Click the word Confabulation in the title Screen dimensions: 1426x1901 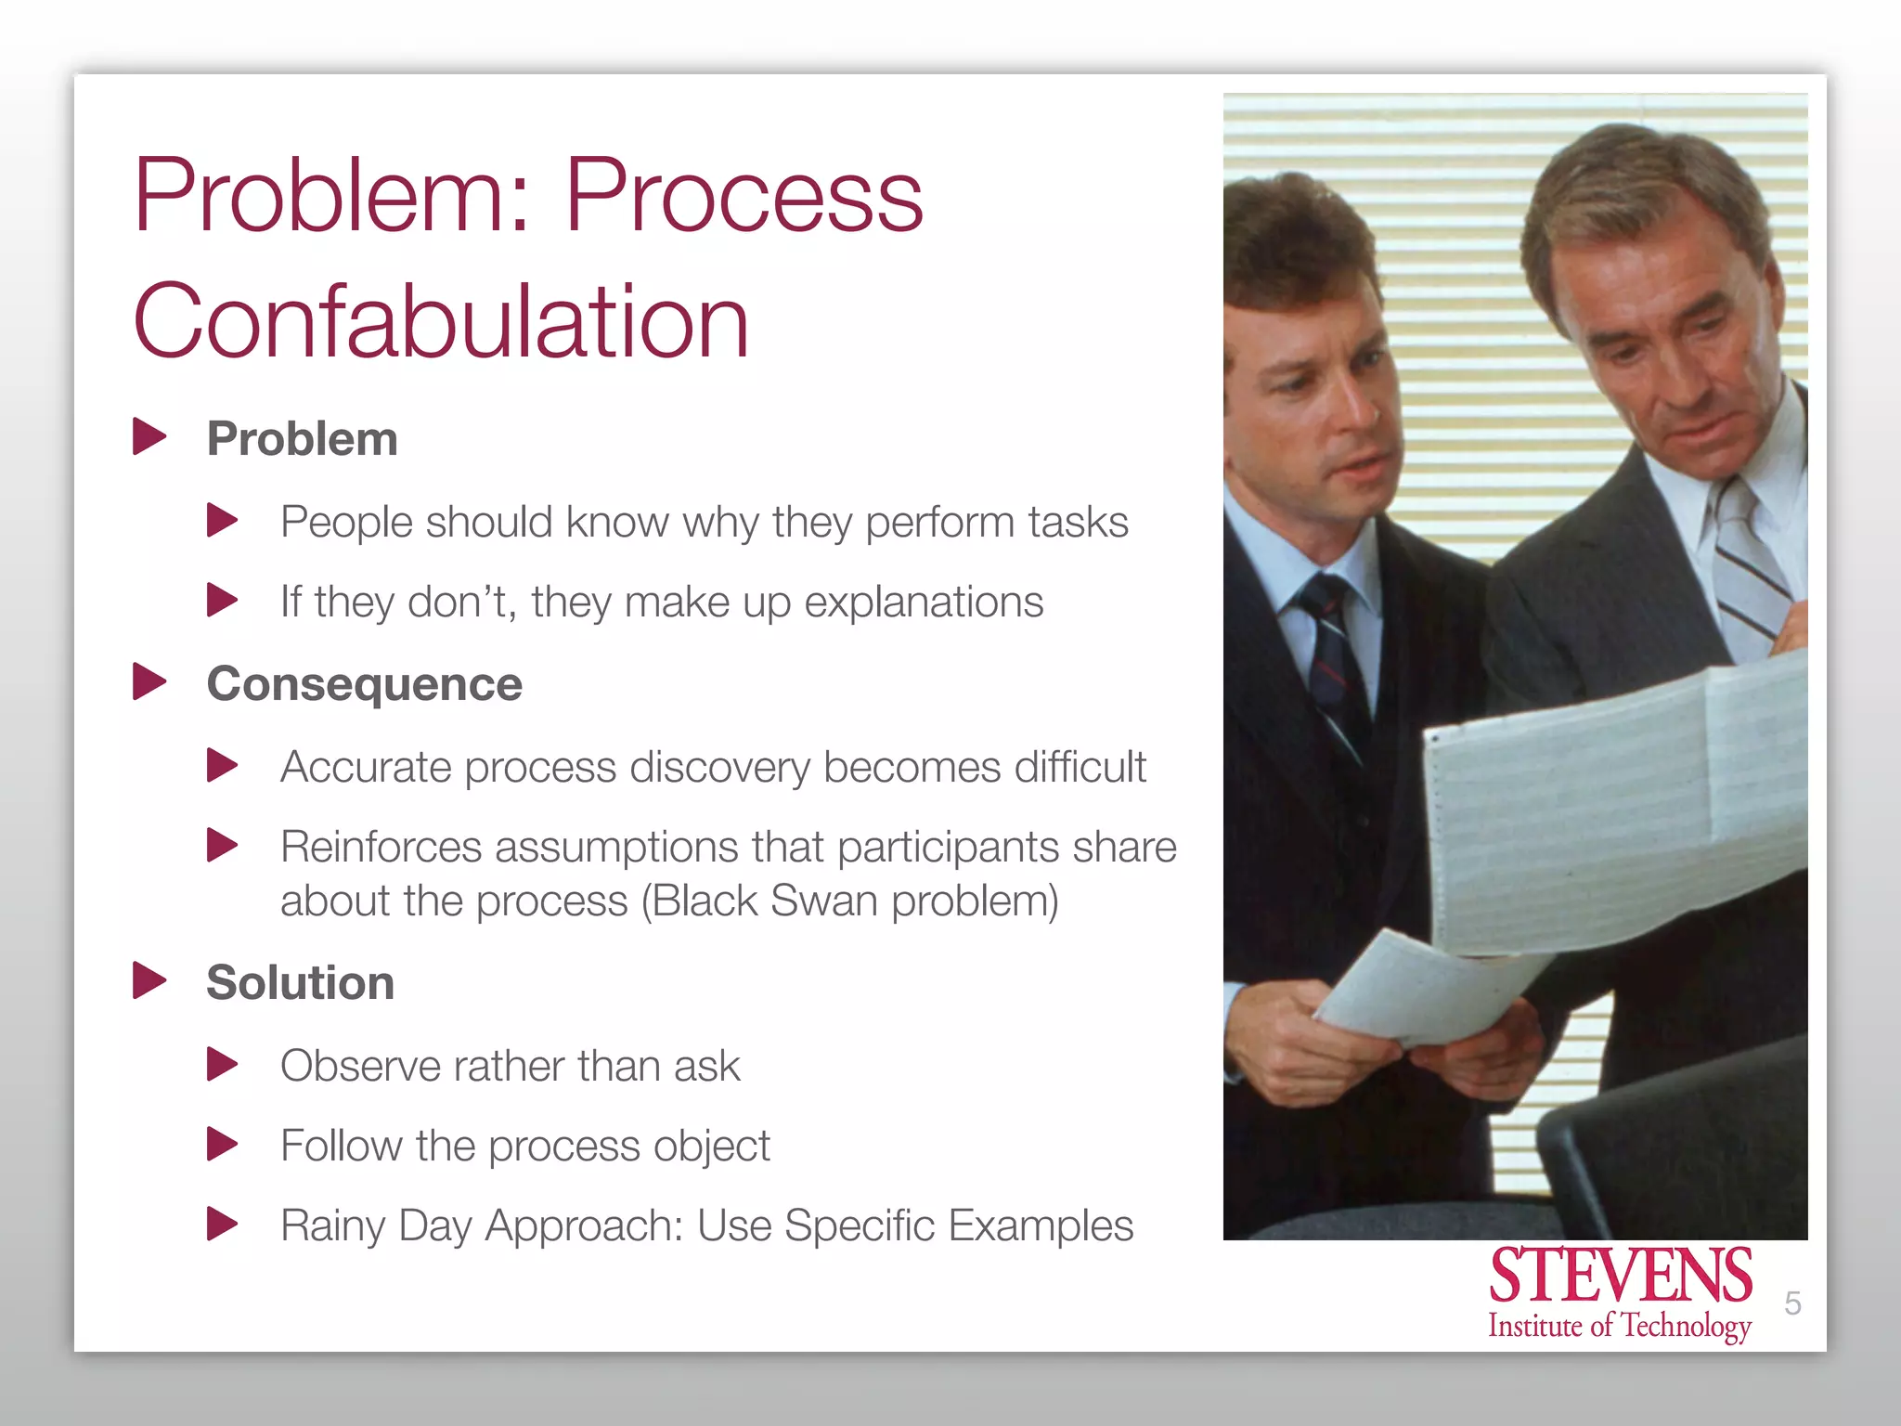[441, 321]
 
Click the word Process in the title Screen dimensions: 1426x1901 [744, 196]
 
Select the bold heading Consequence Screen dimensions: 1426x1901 [364, 684]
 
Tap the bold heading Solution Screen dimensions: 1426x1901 [300, 982]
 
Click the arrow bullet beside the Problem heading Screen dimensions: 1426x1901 [149, 437]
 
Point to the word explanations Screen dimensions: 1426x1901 [923, 602]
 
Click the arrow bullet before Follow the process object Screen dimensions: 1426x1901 [222, 1145]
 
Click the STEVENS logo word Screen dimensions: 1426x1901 [1620, 1277]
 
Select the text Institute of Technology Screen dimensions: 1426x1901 [1620, 1326]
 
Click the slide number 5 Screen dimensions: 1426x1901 [1792, 1303]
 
